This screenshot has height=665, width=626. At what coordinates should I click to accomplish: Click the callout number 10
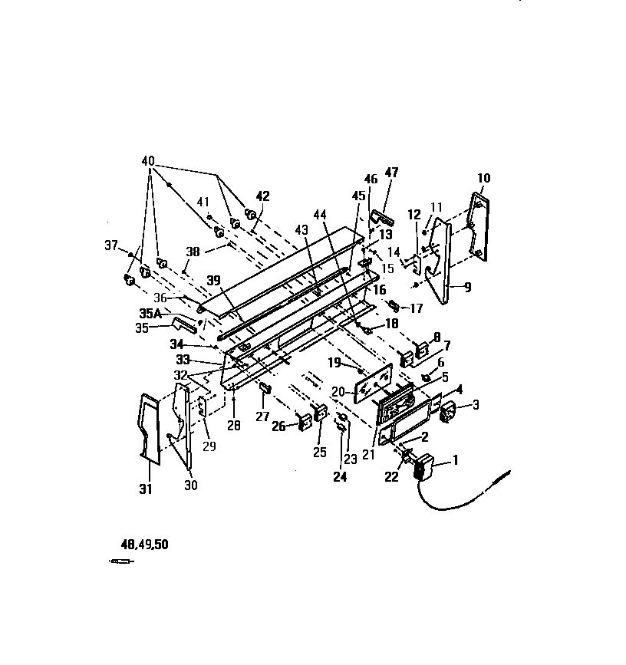pos(483,178)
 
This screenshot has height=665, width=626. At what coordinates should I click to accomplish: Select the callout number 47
pos(391,173)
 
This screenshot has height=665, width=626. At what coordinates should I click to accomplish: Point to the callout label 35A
pos(150,313)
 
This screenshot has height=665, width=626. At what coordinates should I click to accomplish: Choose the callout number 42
pos(262,196)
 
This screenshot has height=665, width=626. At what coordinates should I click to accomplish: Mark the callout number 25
pos(320,453)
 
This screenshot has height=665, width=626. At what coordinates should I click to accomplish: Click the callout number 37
pos(112,245)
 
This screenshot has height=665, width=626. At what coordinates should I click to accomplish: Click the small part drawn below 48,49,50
pos(121,562)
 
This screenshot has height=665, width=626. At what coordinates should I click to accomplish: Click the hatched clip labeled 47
pos(381,218)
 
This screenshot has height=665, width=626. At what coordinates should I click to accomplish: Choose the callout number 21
pos(369,453)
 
